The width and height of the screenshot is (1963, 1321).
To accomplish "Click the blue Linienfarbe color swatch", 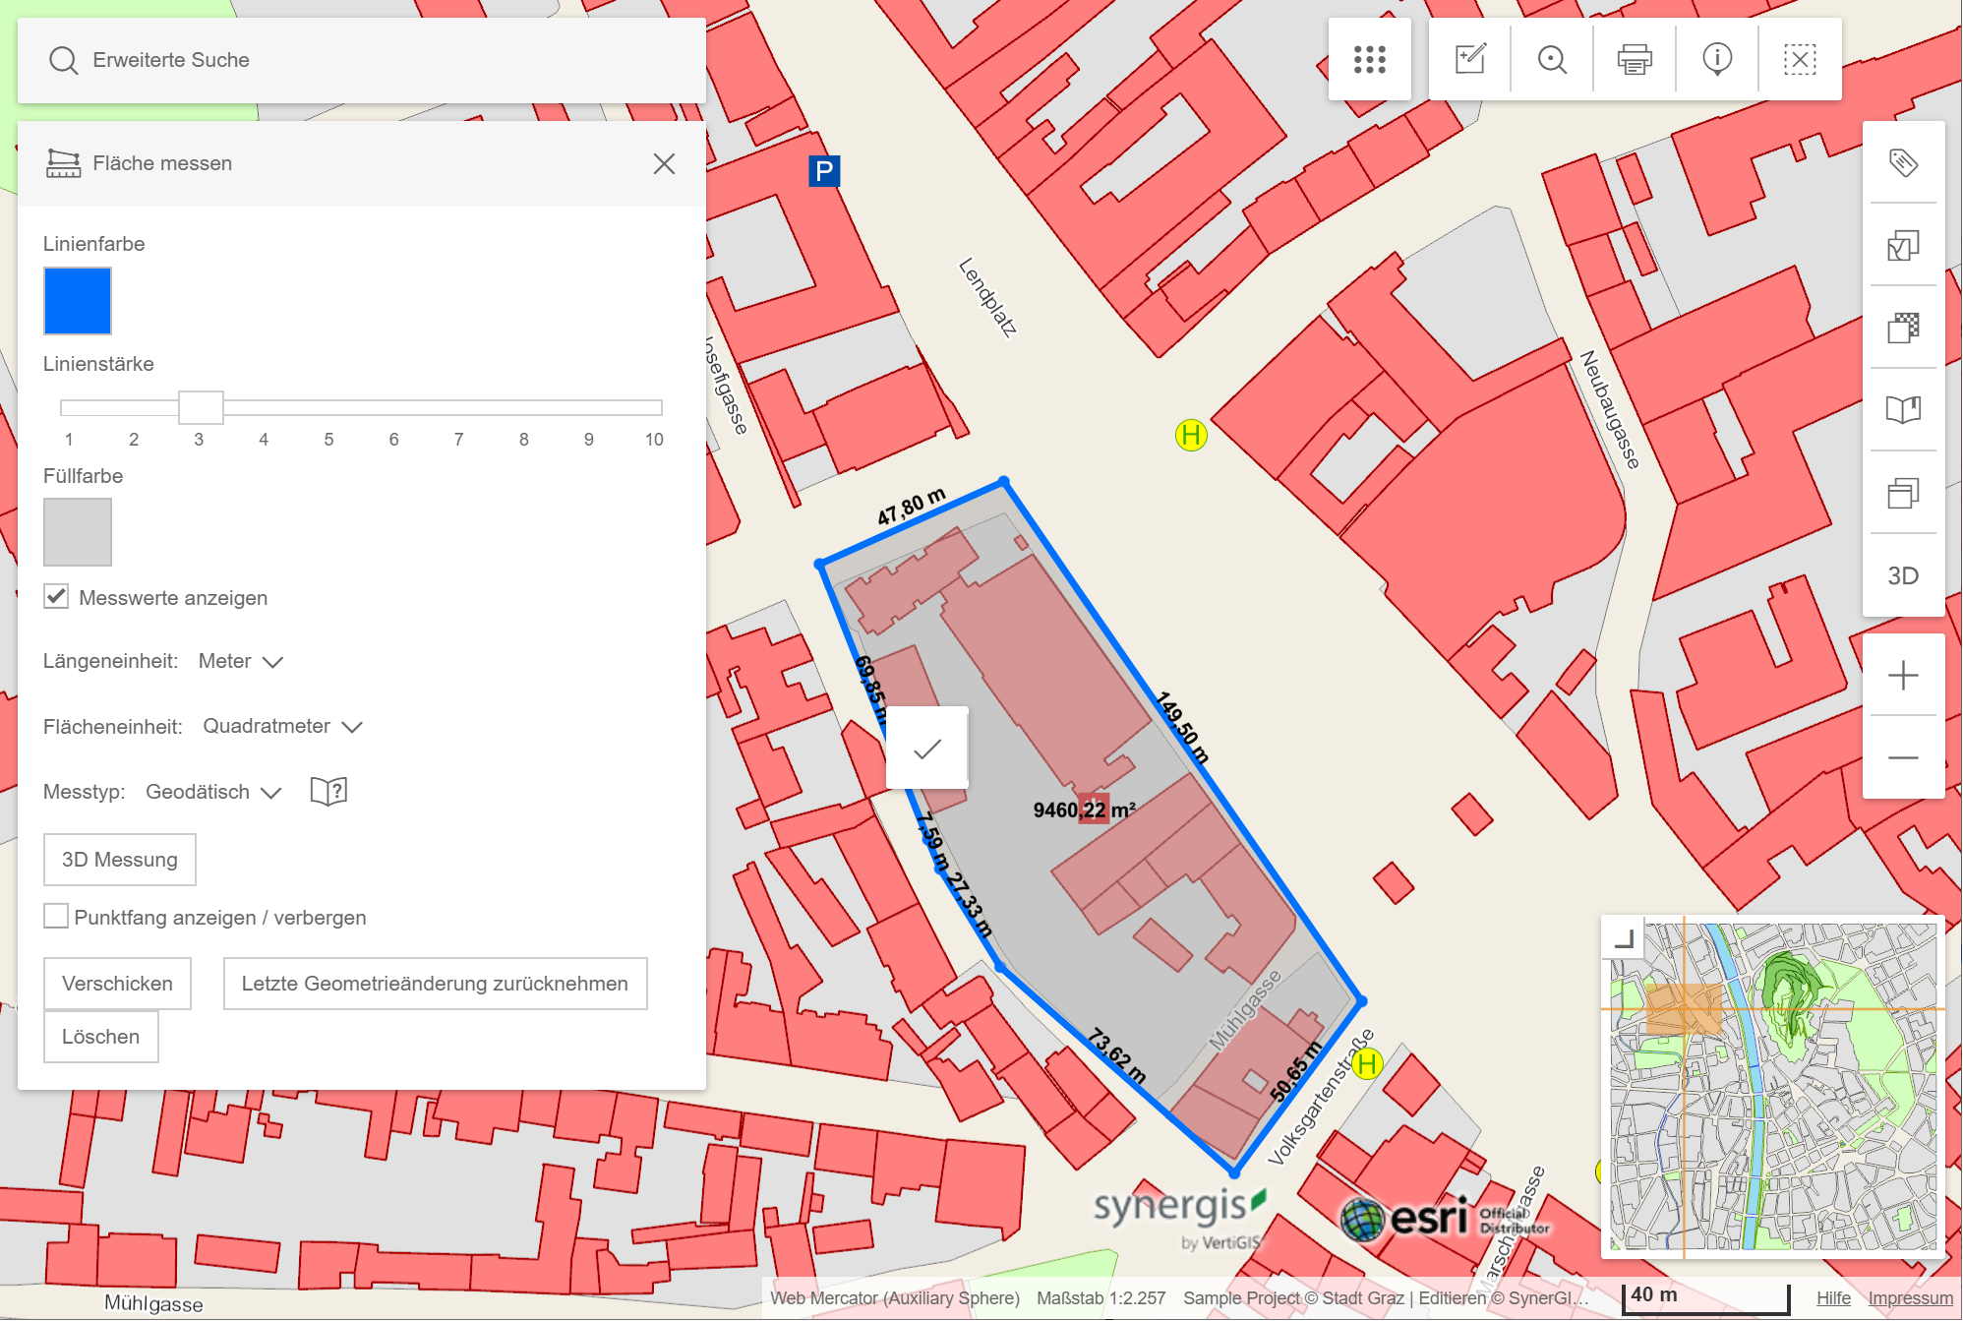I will point(78,301).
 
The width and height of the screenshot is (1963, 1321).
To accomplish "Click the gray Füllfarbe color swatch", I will point(78,532).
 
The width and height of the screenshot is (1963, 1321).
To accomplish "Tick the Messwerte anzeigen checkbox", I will point(56,597).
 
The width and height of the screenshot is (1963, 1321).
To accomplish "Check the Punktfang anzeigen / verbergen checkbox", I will point(56,917).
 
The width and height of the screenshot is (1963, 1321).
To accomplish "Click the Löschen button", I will point(100,1037).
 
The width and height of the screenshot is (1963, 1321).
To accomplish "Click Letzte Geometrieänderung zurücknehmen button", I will point(435,984).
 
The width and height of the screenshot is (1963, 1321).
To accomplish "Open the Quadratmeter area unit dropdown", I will point(281,727).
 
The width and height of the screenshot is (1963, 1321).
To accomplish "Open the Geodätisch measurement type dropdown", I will point(212,792).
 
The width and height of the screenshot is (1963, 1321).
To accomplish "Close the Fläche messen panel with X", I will point(664,163).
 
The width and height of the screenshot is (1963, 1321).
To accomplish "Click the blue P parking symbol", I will point(824,171).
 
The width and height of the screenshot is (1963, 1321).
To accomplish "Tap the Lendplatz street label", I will point(987,297).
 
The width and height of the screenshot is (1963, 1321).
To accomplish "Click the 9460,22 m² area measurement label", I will point(1083,810).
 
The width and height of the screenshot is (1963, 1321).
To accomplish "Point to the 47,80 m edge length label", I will point(911,506).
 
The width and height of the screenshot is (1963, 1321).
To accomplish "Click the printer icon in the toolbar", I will point(1635,60).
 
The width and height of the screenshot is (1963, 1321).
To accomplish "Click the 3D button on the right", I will point(1903,575).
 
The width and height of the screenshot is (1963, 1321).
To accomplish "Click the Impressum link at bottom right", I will point(1910,1298).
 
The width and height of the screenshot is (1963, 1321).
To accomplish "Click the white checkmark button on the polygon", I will point(926,749).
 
